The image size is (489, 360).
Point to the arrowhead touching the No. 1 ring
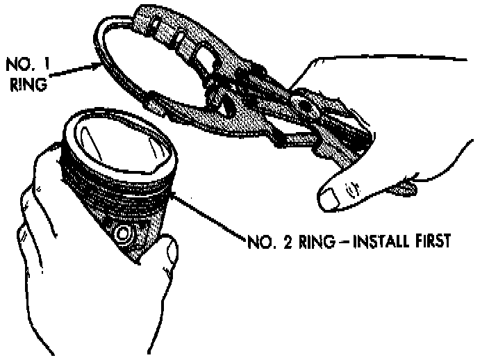click(x=97, y=65)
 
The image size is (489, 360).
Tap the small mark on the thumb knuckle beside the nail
click(x=353, y=186)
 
